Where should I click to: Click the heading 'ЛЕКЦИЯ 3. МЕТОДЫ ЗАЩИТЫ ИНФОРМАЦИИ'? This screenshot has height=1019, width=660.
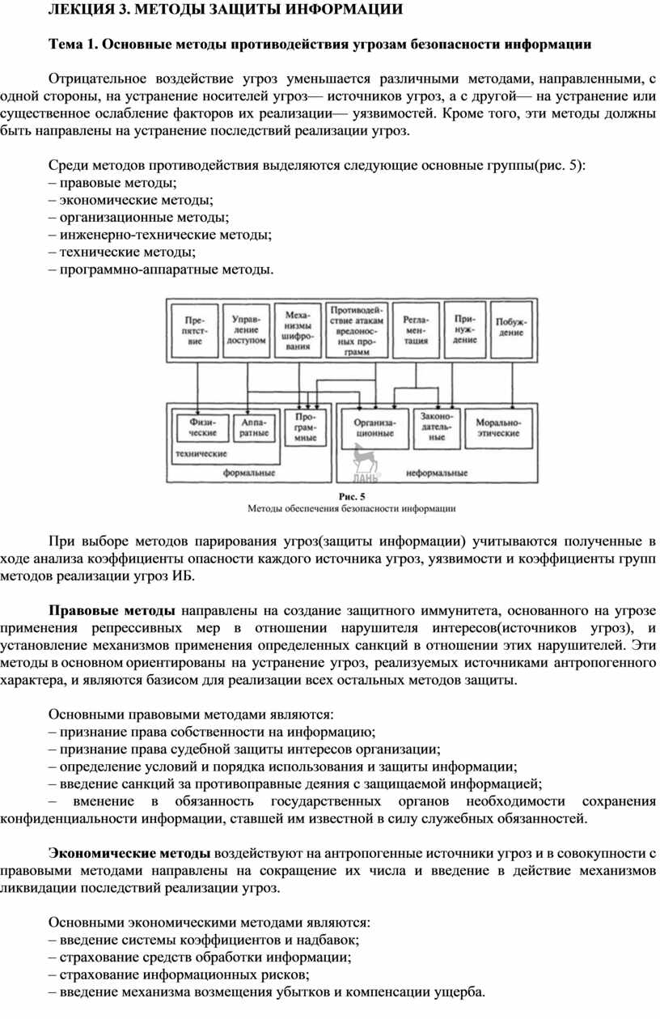[226, 11]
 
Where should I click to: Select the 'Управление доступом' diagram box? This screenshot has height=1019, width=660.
[246, 330]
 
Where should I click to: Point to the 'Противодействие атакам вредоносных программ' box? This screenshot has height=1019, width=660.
[356, 330]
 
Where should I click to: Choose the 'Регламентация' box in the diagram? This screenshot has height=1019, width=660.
[417, 330]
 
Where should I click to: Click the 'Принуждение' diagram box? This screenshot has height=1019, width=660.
[465, 330]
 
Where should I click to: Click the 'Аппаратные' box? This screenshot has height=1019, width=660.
[254, 427]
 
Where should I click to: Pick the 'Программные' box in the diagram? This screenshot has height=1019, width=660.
[306, 427]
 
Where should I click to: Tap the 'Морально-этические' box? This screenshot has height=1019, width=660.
[497, 427]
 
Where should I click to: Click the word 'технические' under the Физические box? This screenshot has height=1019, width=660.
[201, 454]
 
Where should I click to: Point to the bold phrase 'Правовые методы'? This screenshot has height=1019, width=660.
[112, 609]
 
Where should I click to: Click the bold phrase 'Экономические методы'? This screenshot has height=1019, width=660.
[129, 853]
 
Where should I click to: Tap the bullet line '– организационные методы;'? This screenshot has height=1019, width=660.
[138, 217]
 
